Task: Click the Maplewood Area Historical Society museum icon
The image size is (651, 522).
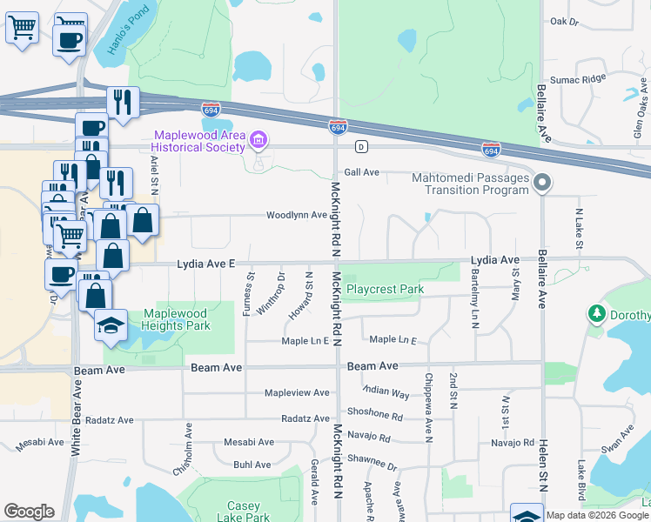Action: [258, 140]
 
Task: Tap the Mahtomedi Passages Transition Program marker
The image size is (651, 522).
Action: [542, 183]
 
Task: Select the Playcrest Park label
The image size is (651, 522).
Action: [385, 289]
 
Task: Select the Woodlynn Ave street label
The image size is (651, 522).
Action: [296, 215]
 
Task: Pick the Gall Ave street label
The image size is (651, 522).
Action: [362, 172]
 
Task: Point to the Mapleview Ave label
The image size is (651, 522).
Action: [297, 392]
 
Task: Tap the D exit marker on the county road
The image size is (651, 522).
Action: [361, 145]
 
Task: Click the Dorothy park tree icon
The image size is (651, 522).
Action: [597, 312]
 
